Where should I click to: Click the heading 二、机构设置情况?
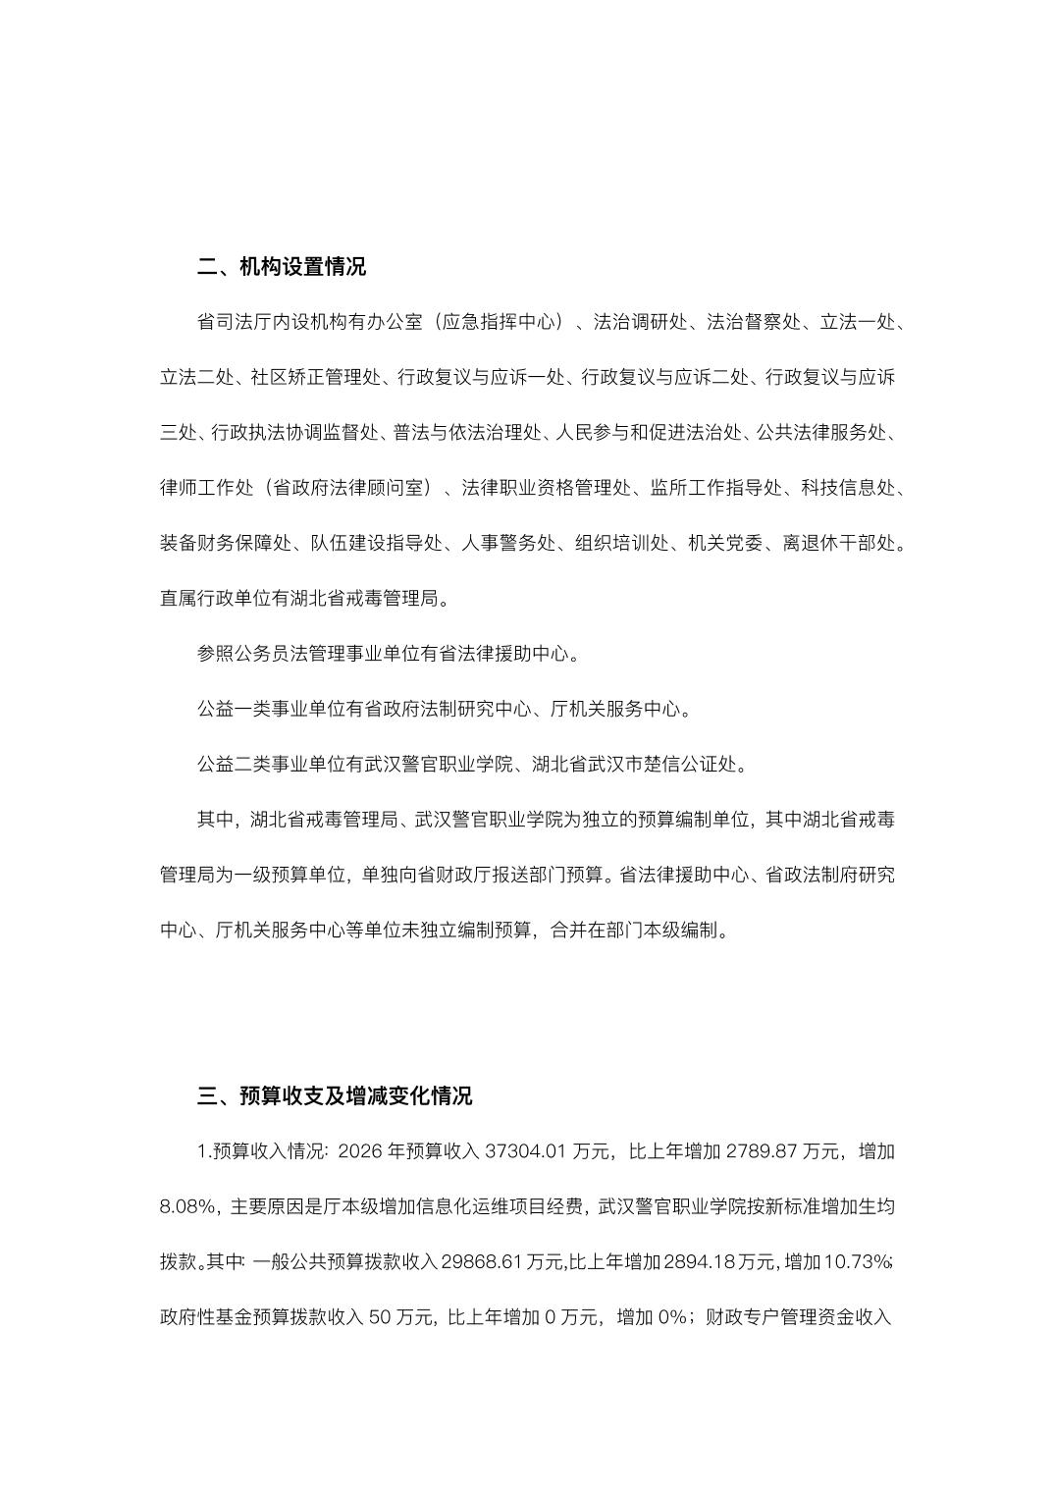pos(282,267)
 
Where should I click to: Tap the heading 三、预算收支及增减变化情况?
pos(335,1095)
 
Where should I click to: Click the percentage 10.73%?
pos(857,1261)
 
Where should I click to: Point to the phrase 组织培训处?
pos(622,542)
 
